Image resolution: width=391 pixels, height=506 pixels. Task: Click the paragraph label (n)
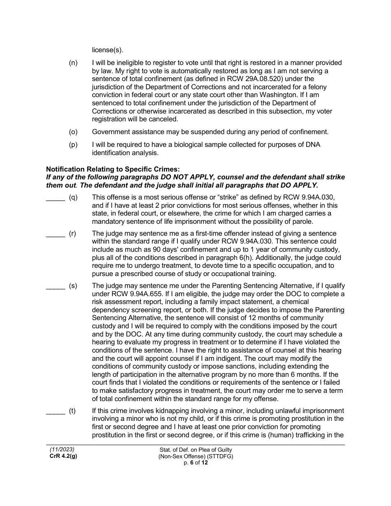(73, 63)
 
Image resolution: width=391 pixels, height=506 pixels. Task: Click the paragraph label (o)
(73, 132)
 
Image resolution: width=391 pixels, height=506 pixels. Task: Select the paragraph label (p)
(73, 144)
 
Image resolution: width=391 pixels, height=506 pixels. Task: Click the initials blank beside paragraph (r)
(55, 234)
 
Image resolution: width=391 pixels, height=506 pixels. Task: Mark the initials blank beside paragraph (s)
(55, 286)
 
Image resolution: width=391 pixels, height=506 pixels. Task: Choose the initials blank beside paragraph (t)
(55, 411)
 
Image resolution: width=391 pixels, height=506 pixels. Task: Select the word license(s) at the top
(107, 51)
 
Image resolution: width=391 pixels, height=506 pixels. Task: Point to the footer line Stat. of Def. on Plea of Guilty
(195, 450)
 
